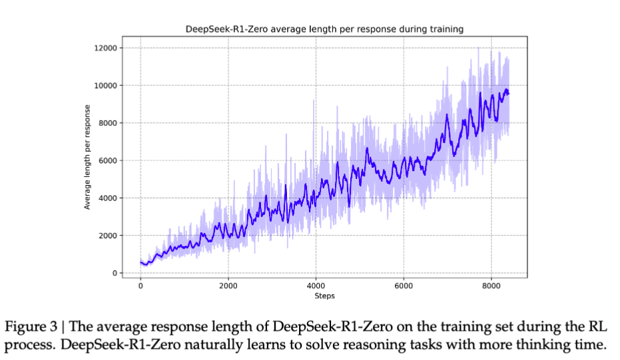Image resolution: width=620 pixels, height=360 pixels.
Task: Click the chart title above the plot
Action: [x=324, y=29]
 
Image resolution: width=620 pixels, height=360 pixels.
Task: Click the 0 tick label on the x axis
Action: [x=141, y=285]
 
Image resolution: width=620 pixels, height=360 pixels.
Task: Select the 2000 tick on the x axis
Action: [x=228, y=285]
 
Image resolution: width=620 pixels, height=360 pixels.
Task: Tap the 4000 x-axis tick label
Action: [x=316, y=285]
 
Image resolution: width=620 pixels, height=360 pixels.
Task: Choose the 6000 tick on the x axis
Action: [x=404, y=285]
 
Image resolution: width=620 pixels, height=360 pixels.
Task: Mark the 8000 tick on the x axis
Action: [x=491, y=285]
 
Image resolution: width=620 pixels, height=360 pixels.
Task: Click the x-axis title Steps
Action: [x=324, y=295]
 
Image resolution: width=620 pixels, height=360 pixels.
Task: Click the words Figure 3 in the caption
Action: [x=32, y=327]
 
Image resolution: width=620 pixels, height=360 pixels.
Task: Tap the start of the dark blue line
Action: [x=141, y=262]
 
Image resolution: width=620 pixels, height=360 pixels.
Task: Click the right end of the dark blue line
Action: [x=509, y=93]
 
